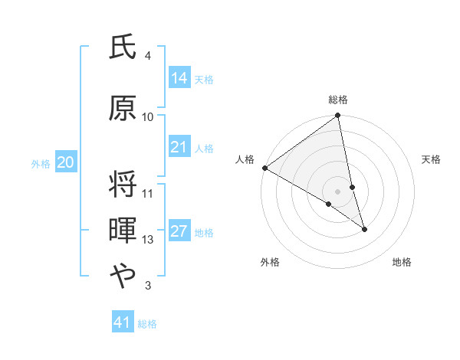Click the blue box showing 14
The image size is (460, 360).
(x=179, y=78)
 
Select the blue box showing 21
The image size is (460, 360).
(x=179, y=147)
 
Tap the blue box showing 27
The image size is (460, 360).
(x=179, y=232)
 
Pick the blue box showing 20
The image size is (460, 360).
(x=66, y=162)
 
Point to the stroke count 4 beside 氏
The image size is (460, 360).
(x=147, y=56)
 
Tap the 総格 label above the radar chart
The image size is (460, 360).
(x=338, y=100)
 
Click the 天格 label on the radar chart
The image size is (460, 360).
(x=432, y=159)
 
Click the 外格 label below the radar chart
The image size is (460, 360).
(x=270, y=262)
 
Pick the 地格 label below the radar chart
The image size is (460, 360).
(x=402, y=262)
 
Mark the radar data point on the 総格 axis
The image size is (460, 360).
(x=338, y=116)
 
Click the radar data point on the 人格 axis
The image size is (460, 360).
(x=264, y=168)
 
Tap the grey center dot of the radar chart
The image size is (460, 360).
(x=338, y=191)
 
